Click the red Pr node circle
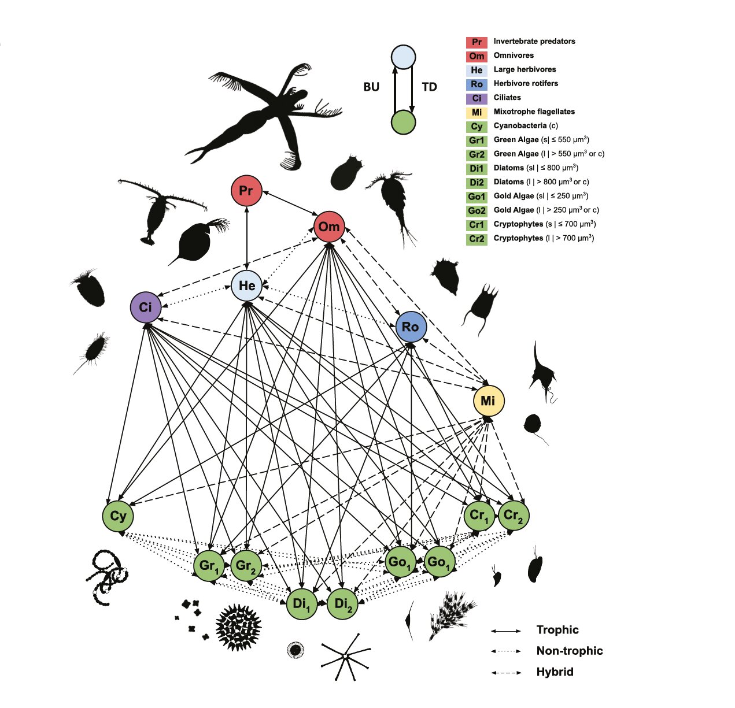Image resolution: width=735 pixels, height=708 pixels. [246, 191]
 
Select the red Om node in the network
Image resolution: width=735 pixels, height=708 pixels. [329, 227]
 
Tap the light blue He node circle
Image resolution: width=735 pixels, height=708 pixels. [246, 286]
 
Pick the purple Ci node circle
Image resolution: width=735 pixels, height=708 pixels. [145, 307]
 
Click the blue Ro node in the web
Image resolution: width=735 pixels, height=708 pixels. [411, 327]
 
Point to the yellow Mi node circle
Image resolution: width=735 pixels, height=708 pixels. [489, 401]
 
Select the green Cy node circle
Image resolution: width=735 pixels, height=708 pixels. [118, 516]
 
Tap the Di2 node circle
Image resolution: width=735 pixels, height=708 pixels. [342, 604]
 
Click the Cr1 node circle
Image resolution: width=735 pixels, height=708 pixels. [479, 515]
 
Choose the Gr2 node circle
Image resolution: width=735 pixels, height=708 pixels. [246, 565]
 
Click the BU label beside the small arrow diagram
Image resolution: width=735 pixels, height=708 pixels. [371, 87]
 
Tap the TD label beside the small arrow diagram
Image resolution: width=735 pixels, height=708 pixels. [430, 87]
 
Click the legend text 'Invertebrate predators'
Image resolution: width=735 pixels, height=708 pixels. [534, 41]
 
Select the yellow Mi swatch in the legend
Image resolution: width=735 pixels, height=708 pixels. [477, 112]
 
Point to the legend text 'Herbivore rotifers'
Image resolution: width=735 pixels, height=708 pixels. [526, 83]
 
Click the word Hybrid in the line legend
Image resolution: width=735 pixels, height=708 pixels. [555, 672]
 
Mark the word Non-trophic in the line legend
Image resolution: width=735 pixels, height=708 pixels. [570, 651]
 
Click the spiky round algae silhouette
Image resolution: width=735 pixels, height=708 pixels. [238, 628]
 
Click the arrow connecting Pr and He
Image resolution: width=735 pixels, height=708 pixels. [246, 238]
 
